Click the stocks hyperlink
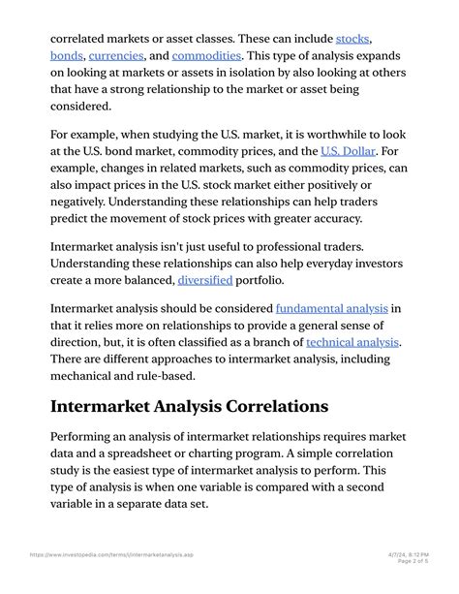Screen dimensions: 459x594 pos(353,40)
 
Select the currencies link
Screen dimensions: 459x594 pos(116,56)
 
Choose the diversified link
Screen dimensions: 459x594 pos(205,280)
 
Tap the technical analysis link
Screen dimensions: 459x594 pos(352,342)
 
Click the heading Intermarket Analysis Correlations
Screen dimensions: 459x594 pos(190,404)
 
